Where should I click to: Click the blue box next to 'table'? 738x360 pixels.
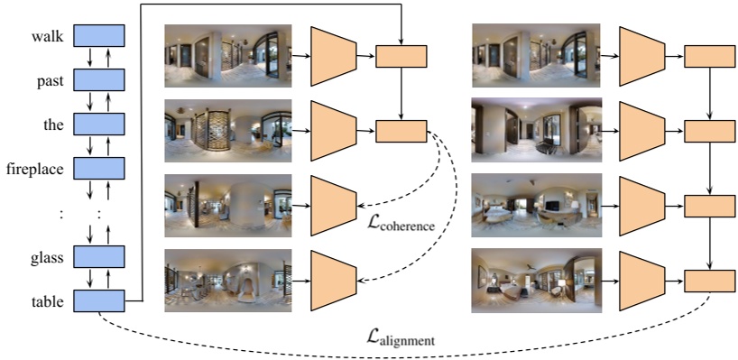click(x=97, y=300)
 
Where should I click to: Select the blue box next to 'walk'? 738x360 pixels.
click(x=97, y=36)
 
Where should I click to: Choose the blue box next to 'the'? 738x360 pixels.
click(x=97, y=124)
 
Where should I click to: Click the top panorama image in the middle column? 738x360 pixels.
click(x=227, y=56)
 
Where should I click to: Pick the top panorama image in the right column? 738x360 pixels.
click(x=536, y=56)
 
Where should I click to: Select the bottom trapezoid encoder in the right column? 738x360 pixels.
click(x=642, y=281)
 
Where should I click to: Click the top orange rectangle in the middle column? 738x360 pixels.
click(x=401, y=56)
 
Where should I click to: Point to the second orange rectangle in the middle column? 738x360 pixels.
click(x=401, y=131)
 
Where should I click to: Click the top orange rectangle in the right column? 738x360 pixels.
click(x=710, y=56)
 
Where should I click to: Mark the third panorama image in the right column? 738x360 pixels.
click(x=536, y=206)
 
